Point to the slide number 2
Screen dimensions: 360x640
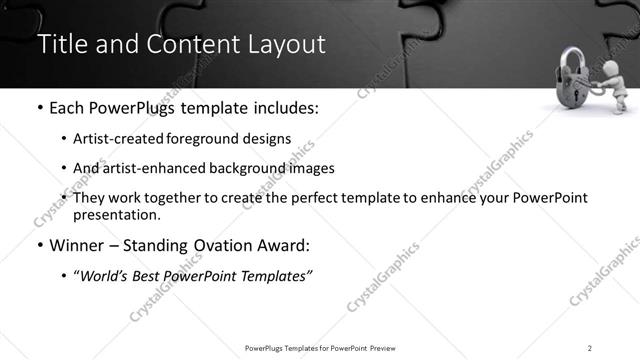pos(590,347)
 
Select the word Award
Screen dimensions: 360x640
pos(291,245)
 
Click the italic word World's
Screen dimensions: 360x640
pos(104,275)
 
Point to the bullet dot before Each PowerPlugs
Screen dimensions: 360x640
pos(39,108)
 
